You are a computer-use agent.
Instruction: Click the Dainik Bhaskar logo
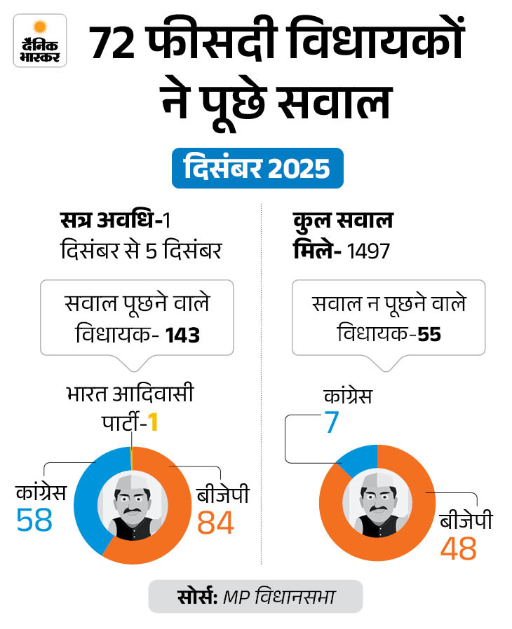tap(40, 40)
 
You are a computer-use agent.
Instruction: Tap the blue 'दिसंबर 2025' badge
tap(257, 168)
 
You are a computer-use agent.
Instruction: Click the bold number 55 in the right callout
tap(429, 335)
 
